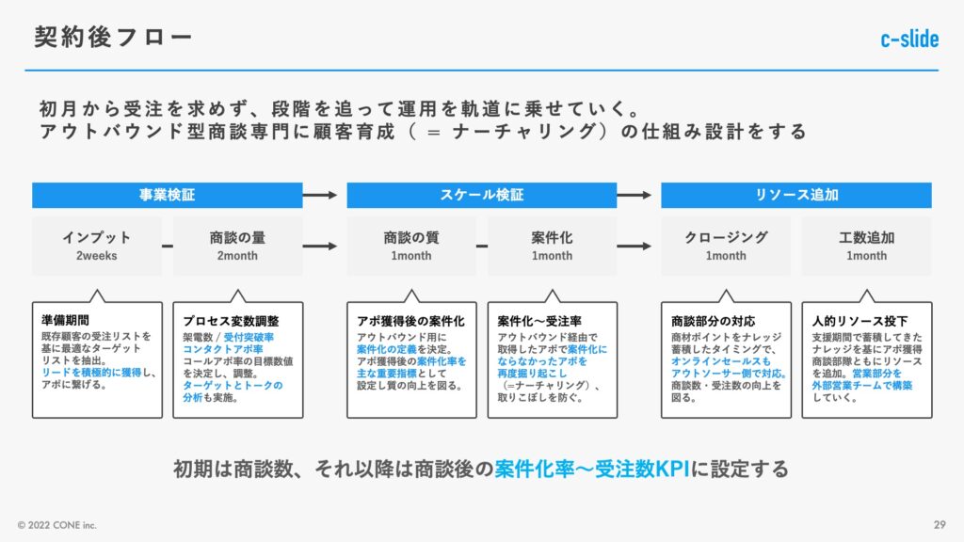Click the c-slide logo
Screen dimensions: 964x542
click(x=909, y=39)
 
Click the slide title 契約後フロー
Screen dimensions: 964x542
click(x=113, y=37)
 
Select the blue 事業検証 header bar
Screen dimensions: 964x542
click(x=168, y=195)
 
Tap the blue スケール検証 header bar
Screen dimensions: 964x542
click(x=481, y=195)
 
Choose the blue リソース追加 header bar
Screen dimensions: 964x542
click(x=796, y=195)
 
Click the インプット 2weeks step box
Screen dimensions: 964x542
click(x=97, y=246)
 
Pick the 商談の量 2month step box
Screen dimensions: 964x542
click(x=237, y=246)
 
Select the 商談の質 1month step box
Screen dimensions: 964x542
click(x=411, y=246)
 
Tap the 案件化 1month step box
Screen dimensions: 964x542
click(x=552, y=246)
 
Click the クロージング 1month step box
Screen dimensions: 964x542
click(x=726, y=246)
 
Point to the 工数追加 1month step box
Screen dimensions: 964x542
click(x=867, y=246)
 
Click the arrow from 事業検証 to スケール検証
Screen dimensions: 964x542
click(x=320, y=195)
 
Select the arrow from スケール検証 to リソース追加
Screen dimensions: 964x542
click(x=635, y=195)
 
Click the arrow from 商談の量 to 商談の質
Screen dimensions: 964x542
click(x=320, y=246)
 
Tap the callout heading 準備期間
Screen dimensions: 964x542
click(x=65, y=320)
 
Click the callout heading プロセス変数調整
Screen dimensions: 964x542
click(x=231, y=321)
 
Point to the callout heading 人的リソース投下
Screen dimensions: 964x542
click(x=860, y=321)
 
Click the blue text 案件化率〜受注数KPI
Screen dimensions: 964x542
click(x=592, y=469)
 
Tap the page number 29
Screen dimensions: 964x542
click(x=940, y=525)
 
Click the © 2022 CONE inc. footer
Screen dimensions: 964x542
click(x=57, y=525)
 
